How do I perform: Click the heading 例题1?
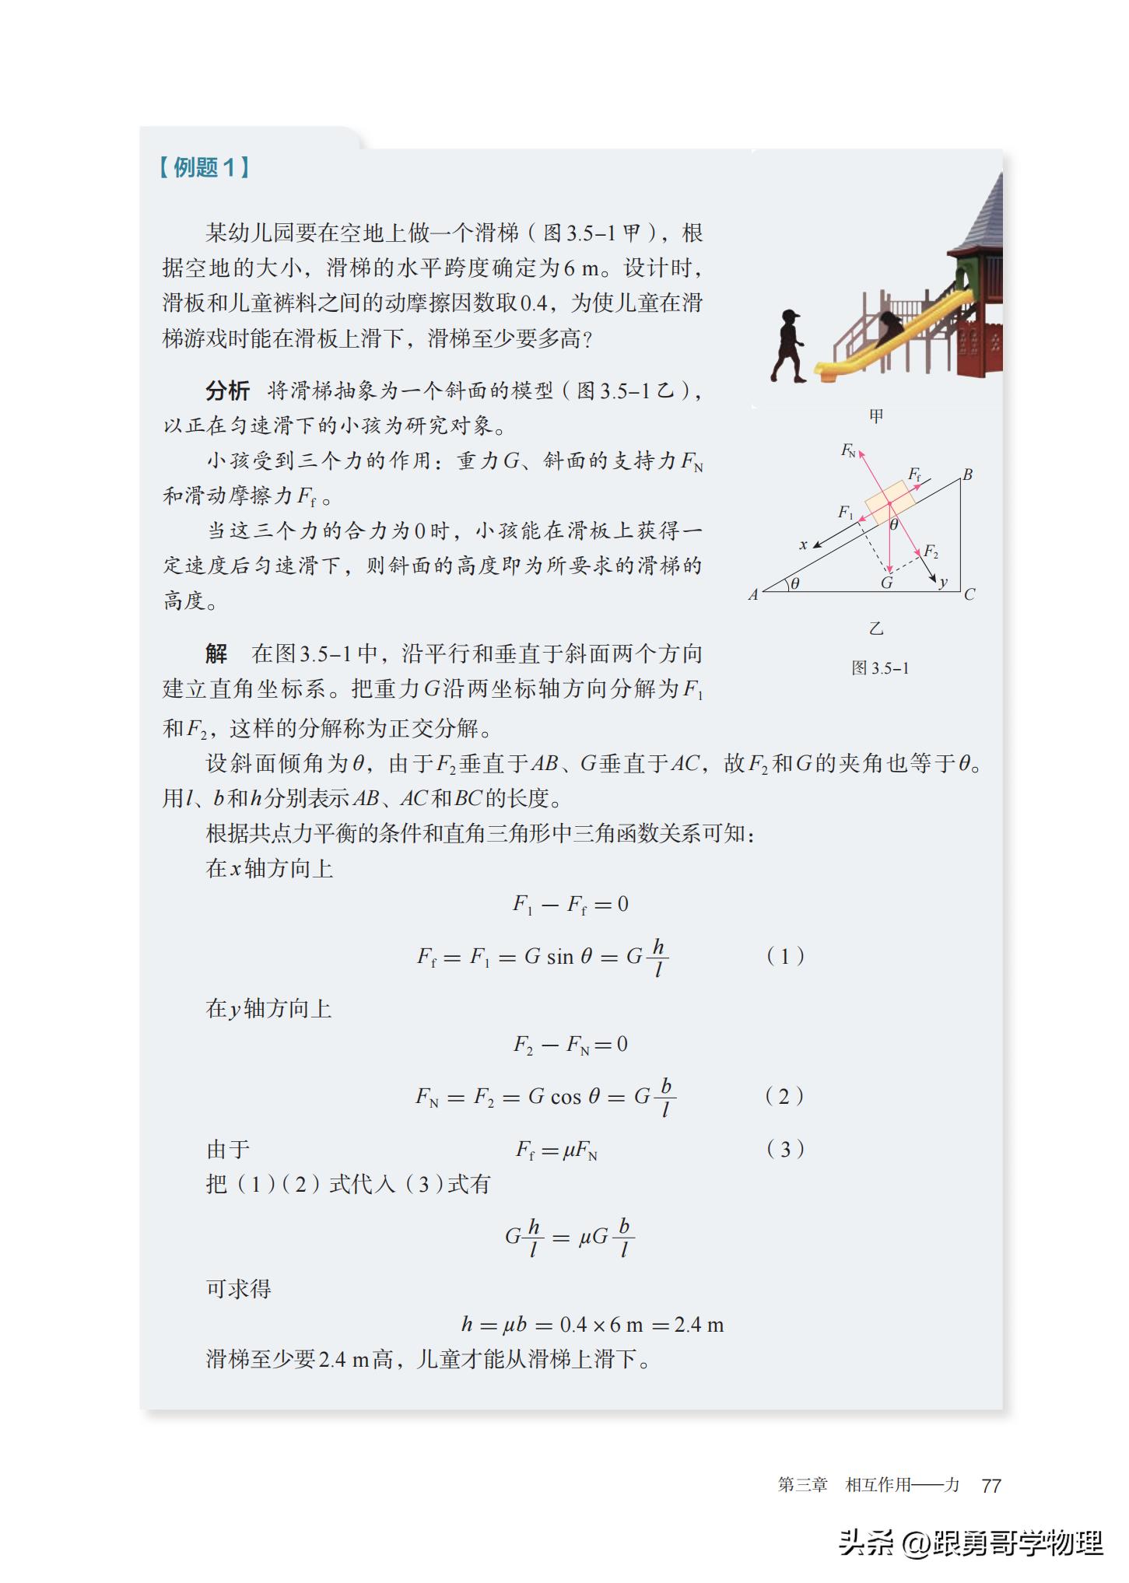[205, 167]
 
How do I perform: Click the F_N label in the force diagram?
[848, 450]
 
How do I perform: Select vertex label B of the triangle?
[967, 475]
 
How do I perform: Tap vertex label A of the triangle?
[753, 595]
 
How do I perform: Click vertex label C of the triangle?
[969, 595]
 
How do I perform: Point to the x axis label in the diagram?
[803, 545]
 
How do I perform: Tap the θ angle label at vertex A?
[795, 583]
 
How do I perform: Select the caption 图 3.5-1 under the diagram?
[880, 668]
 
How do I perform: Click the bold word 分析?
[227, 390]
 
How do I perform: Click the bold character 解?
[216, 653]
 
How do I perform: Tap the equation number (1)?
[785, 956]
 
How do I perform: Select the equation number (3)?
[785, 1149]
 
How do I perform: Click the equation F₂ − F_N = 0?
[570, 1044]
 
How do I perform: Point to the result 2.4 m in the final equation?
[699, 1325]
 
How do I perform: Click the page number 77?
[991, 1485]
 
